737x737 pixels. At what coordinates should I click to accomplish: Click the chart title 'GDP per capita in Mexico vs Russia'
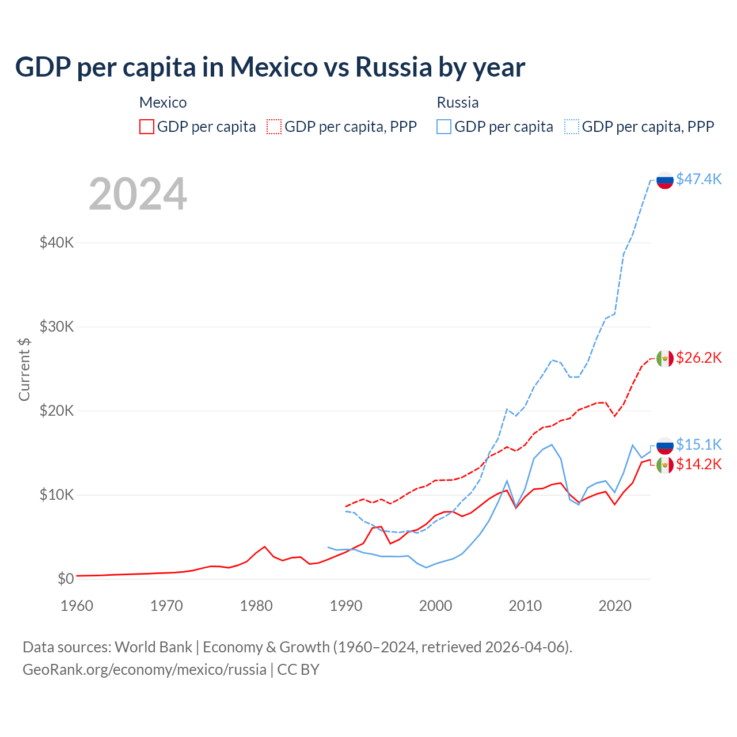click(269, 67)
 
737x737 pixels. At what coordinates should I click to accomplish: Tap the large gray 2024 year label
click(138, 194)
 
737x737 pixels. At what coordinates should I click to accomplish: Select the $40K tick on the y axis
click(56, 242)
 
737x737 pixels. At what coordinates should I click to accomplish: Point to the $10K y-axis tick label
click(56, 495)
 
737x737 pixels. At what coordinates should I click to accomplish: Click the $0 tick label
click(66, 579)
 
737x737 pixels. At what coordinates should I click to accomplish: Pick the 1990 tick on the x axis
click(346, 606)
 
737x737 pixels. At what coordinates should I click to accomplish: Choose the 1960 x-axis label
click(77, 606)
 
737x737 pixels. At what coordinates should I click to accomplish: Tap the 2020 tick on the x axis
click(615, 606)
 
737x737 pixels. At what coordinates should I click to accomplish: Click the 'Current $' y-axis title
click(24, 369)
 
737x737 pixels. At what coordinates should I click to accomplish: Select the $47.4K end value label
click(698, 179)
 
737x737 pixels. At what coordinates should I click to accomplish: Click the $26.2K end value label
click(698, 358)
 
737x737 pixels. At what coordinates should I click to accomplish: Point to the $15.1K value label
click(698, 445)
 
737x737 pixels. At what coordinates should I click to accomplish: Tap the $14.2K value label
click(698, 464)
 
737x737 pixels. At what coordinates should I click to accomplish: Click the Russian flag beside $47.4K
click(665, 180)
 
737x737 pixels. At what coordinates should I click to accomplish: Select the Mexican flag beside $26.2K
click(665, 359)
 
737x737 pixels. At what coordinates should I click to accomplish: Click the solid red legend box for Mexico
click(147, 127)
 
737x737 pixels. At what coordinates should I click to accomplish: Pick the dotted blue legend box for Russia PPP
click(572, 127)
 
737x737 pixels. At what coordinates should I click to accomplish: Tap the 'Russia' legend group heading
click(458, 102)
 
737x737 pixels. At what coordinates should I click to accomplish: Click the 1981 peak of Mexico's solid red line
click(264, 546)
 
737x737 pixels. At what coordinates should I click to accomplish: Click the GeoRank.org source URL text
click(144, 670)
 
